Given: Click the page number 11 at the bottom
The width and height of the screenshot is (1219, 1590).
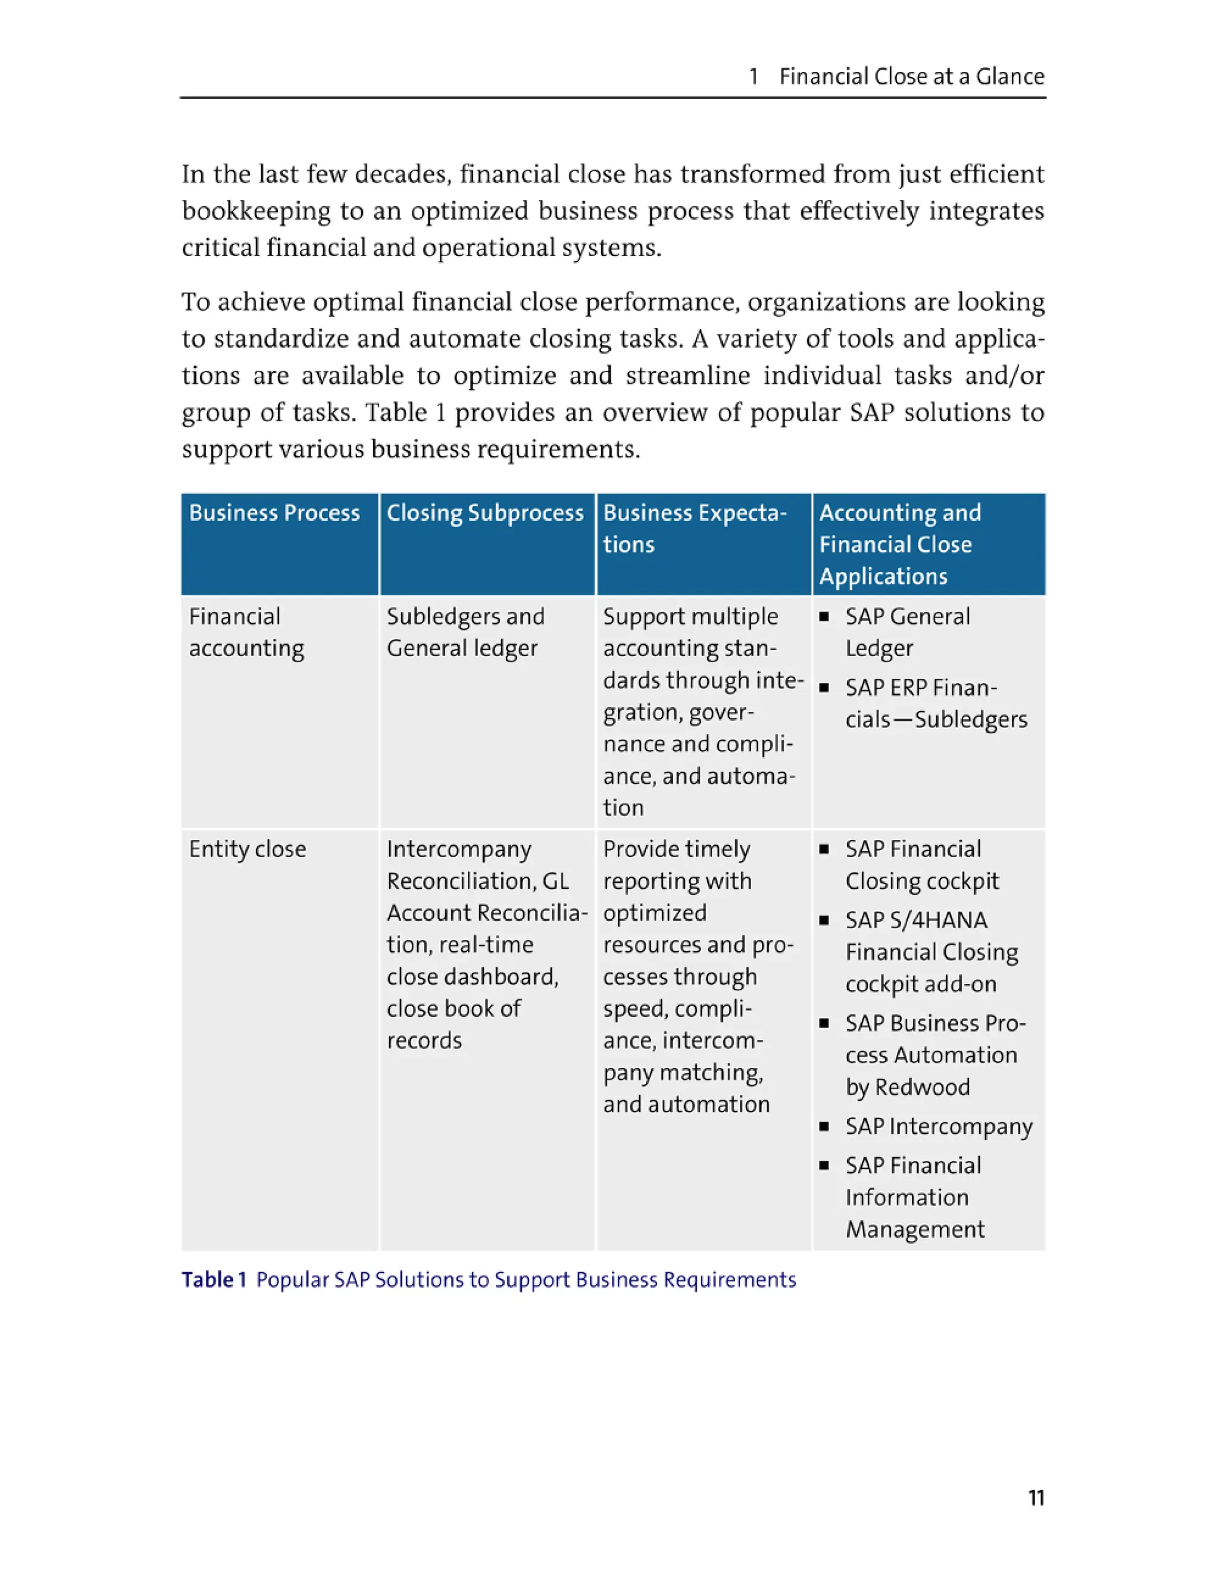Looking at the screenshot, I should coord(1036,1498).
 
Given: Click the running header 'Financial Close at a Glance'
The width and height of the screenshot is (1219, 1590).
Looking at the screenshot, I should coord(911,76).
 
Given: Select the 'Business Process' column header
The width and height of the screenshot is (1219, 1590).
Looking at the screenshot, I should coord(274,513).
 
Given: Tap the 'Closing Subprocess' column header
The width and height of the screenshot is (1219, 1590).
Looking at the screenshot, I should coord(485,513).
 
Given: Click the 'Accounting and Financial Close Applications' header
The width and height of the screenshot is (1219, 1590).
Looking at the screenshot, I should coord(900,543).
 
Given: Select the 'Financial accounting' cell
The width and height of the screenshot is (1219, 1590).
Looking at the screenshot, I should coord(246,632).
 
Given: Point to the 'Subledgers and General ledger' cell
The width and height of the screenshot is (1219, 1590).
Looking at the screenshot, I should coord(465,632).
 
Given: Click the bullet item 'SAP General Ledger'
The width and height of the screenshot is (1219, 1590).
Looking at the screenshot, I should coord(907,632).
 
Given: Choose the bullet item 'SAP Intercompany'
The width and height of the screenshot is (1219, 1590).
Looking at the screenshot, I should coord(938,1126).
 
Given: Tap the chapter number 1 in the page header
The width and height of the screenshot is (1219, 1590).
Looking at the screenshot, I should coord(754,76).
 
